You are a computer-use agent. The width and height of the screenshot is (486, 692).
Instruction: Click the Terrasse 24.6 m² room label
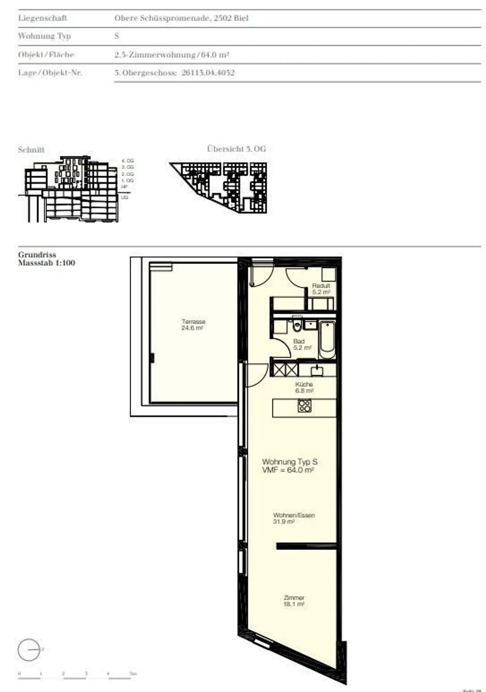click(193, 325)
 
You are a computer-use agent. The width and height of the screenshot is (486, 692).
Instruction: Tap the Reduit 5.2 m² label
click(321, 289)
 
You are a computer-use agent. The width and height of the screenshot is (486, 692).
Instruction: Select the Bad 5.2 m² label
click(301, 344)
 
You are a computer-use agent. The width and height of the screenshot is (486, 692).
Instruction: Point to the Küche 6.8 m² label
click(304, 387)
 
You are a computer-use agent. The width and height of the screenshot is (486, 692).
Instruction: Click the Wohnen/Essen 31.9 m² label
click(294, 518)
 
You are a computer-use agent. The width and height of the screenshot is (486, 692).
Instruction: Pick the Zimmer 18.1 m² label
click(294, 601)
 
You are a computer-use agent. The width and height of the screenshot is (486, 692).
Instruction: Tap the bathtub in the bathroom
click(327, 340)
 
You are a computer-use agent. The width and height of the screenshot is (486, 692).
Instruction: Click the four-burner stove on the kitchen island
click(304, 406)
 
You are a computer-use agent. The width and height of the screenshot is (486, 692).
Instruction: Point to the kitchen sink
click(317, 371)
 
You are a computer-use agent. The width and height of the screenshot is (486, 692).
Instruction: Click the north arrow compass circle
click(29, 650)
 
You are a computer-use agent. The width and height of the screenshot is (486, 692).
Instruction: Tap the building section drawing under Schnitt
click(71, 189)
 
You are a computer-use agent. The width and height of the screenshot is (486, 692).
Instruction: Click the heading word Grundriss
click(37, 255)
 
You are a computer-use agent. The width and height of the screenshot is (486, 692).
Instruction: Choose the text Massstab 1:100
click(47, 263)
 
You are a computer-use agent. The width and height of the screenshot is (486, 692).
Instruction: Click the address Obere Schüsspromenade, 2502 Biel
click(181, 18)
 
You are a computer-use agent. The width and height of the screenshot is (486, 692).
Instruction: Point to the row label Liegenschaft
click(43, 18)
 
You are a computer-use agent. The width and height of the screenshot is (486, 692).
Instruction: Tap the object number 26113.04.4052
click(208, 73)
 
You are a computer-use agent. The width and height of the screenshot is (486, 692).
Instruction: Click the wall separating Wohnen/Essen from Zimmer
click(306, 546)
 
